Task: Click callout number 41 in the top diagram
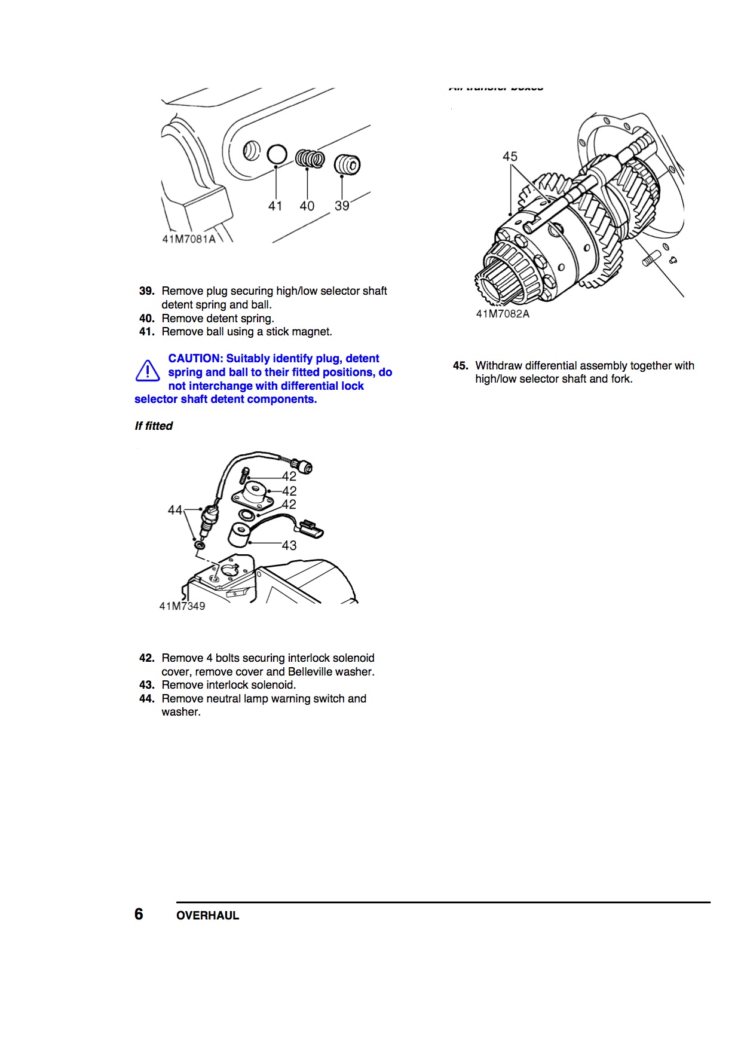click(275, 206)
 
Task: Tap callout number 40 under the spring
click(307, 206)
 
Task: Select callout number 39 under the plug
click(342, 206)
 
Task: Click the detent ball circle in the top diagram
click(277, 154)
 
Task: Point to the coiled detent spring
click(310, 159)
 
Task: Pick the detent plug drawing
click(347, 164)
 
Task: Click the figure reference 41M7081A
click(189, 239)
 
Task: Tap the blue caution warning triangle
click(147, 371)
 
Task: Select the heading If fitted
click(154, 426)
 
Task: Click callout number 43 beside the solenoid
click(289, 545)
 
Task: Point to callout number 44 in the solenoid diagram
click(174, 510)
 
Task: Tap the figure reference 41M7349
click(182, 606)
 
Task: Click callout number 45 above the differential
click(510, 157)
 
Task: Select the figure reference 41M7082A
click(503, 314)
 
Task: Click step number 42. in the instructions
click(147, 658)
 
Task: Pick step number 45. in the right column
click(461, 366)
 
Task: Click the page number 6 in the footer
click(139, 914)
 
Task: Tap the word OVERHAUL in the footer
click(207, 915)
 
